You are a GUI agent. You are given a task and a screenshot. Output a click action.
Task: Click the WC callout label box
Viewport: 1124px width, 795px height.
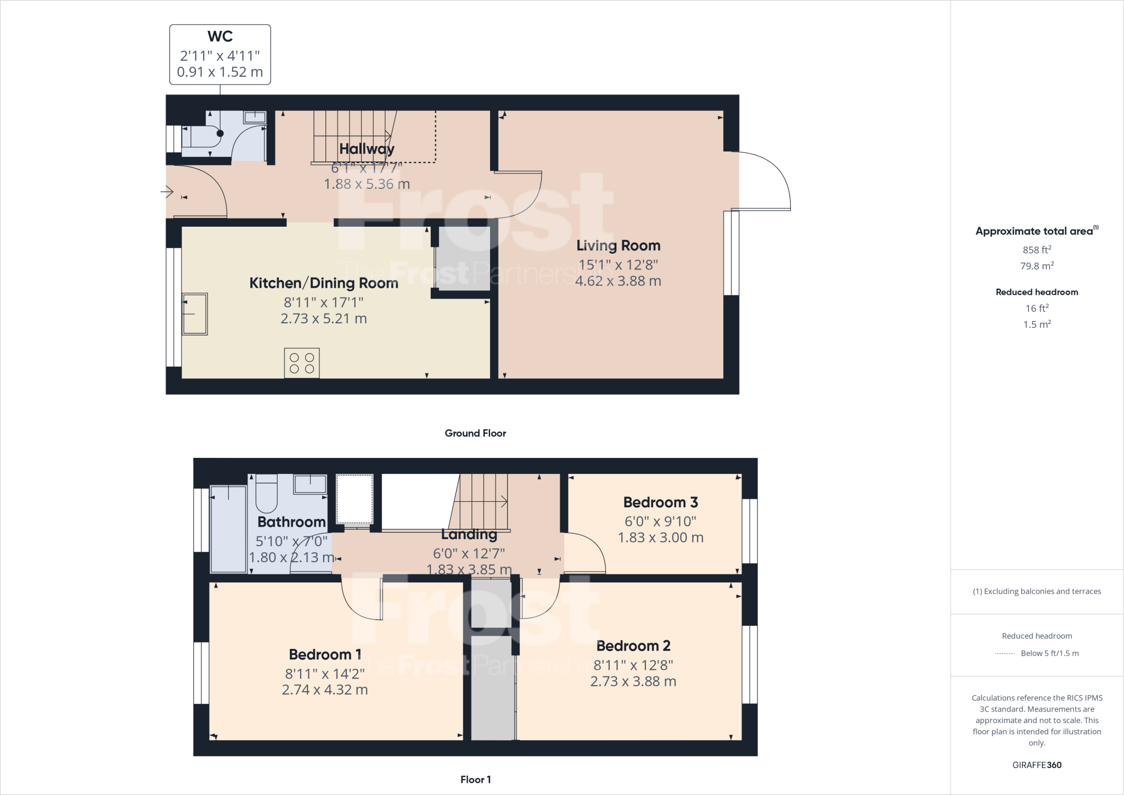[220, 54]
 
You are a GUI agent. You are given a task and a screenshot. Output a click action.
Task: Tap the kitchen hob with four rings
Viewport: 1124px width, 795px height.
[302, 363]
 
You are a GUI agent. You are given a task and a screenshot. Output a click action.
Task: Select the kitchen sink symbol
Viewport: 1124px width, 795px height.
[195, 314]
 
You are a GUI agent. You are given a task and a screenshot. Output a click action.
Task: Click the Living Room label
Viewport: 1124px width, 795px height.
[618, 245]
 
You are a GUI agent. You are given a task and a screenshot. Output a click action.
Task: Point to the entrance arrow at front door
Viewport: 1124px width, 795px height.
[167, 192]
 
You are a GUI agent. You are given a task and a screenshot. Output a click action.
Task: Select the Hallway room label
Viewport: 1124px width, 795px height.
[367, 149]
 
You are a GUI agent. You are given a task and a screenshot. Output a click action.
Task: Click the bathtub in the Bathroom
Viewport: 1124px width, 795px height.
[228, 529]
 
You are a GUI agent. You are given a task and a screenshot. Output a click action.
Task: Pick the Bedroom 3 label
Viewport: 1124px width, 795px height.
[660, 502]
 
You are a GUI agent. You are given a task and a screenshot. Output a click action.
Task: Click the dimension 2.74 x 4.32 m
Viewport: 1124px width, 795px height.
[324, 690]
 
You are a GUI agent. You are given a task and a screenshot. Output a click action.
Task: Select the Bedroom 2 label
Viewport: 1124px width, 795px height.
[633, 646]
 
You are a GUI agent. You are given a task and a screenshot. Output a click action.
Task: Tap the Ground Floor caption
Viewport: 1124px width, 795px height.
[475, 433]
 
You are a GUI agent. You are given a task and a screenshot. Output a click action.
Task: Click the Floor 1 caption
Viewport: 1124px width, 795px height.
[475, 780]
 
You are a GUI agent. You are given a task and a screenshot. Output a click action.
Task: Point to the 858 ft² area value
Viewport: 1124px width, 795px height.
[1037, 250]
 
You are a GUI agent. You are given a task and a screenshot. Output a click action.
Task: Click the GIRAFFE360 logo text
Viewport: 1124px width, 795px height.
[1037, 765]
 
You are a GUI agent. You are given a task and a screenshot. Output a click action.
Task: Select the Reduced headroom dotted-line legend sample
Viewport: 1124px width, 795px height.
[1004, 654]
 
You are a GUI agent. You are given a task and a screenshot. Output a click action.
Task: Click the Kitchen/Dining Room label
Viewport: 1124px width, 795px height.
[324, 283]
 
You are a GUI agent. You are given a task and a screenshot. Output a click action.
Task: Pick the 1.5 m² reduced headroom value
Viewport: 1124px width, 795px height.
[1037, 324]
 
